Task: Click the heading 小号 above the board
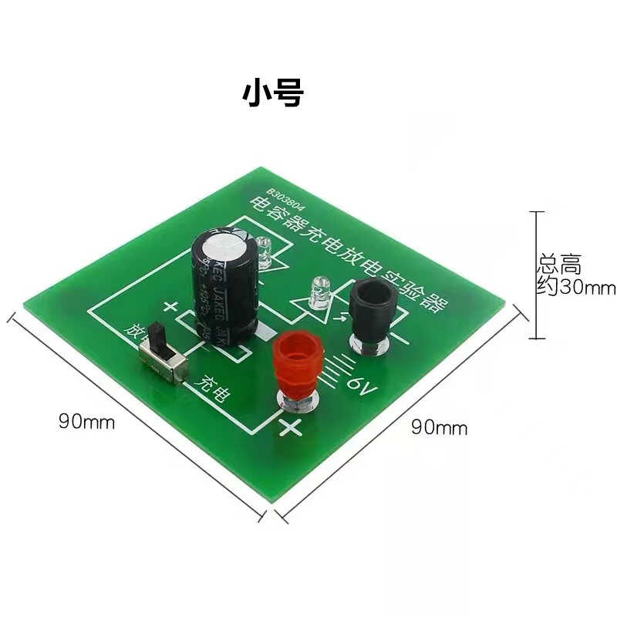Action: click(x=274, y=93)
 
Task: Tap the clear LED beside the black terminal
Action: click(x=317, y=295)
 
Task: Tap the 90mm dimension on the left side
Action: click(x=86, y=422)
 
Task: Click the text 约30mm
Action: click(x=576, y=288)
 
